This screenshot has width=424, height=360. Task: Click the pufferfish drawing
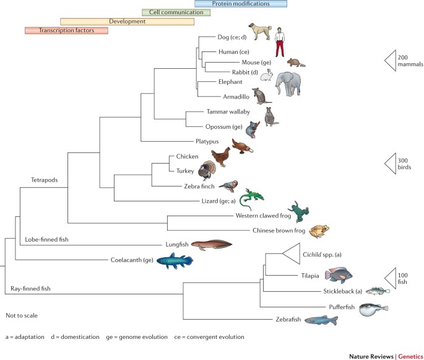(x=374, y=309)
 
